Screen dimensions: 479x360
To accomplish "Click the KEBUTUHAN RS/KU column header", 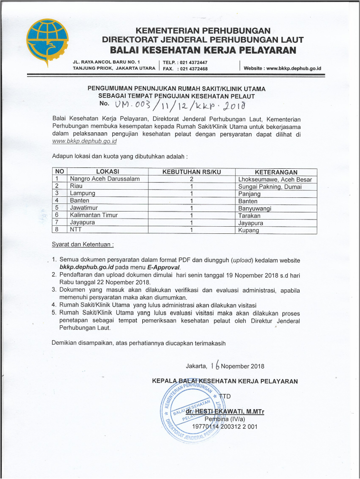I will (192, 172).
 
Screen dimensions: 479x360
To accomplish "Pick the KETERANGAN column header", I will (276, 172).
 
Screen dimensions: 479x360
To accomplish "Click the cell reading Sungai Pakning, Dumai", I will (270, 186).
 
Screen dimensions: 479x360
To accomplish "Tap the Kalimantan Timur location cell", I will (94, 215).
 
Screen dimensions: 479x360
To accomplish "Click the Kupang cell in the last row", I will (249, 230).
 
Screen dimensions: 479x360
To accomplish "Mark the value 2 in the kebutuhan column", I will (192, 179).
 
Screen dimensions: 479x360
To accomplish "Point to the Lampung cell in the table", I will (83, 193).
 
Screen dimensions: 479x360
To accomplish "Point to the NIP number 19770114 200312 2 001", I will (224, 426).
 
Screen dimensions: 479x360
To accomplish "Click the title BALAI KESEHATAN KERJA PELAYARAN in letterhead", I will (203, 50).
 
